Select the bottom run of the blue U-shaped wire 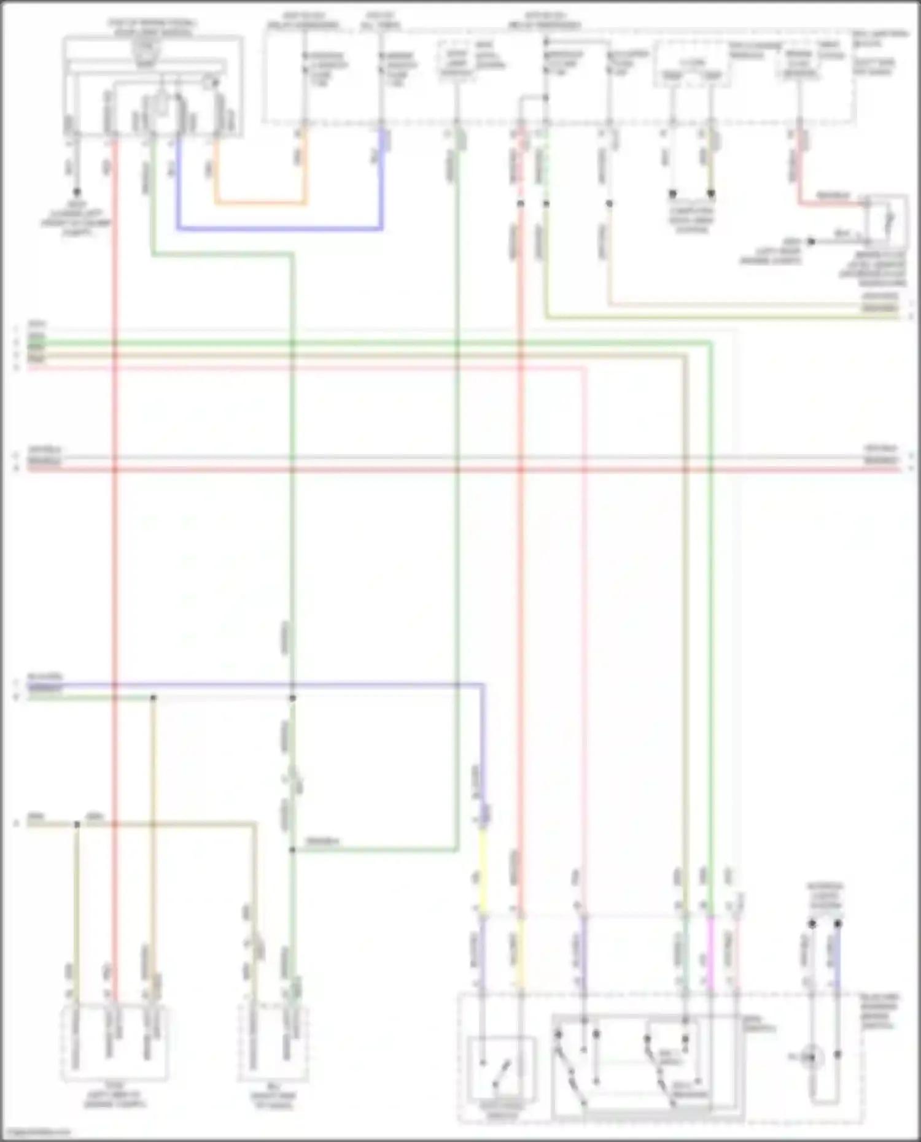(279, 229)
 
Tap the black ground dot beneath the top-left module (77, 192)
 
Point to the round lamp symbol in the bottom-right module (812, 1057)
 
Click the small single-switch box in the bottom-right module (501, 1068)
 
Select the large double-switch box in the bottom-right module (645, 1065)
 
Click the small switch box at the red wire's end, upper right (887, 222)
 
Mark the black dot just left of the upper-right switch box (811, 241)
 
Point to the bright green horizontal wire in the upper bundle (368, 342)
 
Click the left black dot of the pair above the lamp (812, 924)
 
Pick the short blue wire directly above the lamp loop (837, 957)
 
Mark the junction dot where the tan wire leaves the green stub (153, 698)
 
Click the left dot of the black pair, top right (672, 194)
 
